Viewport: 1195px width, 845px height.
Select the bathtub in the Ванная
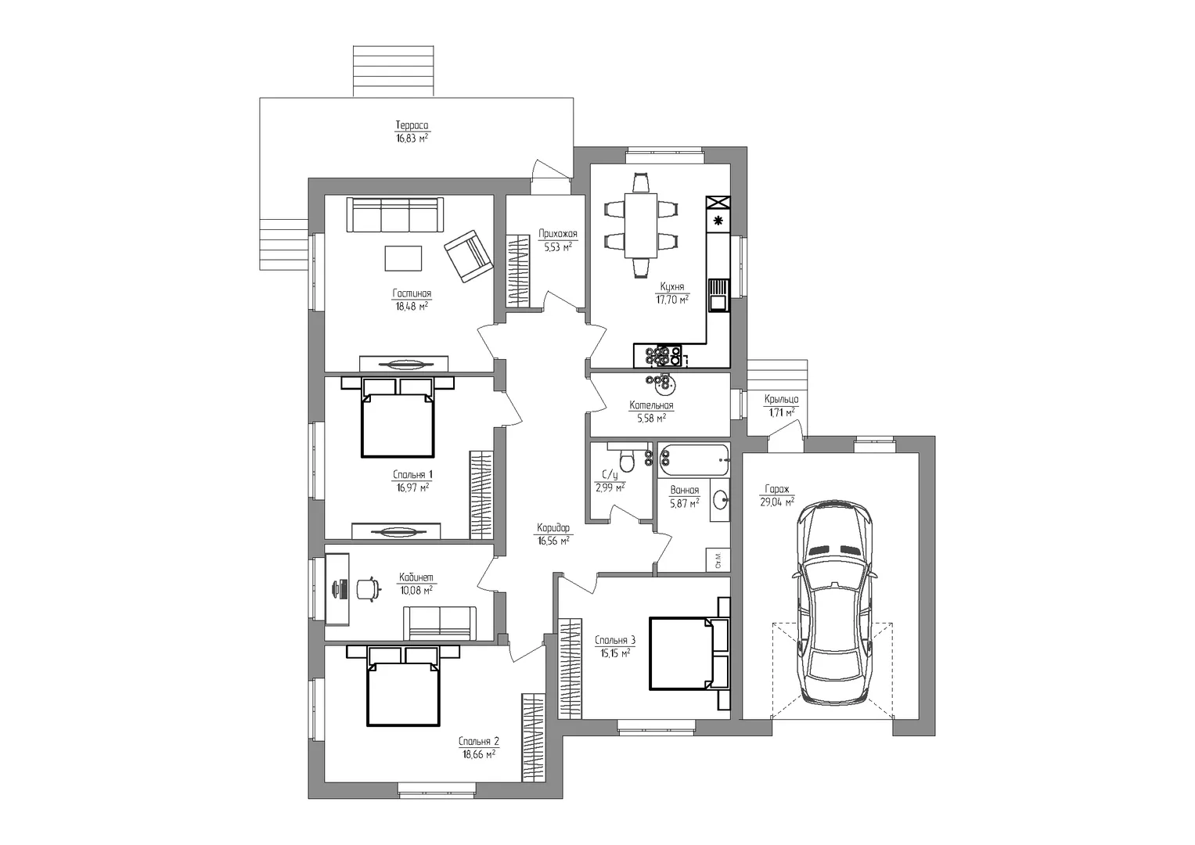coord(693,460)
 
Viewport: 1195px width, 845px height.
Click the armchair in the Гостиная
coord(469,256)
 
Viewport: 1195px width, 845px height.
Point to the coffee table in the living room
coord(403,258)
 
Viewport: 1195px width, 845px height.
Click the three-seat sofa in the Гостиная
coord(394,214)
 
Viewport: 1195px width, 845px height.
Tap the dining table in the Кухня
coord(641,225)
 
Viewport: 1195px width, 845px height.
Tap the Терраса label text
coord(412,125)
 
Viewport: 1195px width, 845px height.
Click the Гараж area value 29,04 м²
coord(777,502)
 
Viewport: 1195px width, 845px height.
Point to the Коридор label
coord(553,527)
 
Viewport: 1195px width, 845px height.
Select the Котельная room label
coord(651,405)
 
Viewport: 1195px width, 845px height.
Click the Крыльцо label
coord(781,399)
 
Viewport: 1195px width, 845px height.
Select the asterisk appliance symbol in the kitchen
coord(718,221)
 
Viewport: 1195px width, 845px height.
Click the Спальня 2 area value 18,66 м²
coord(478,753)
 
